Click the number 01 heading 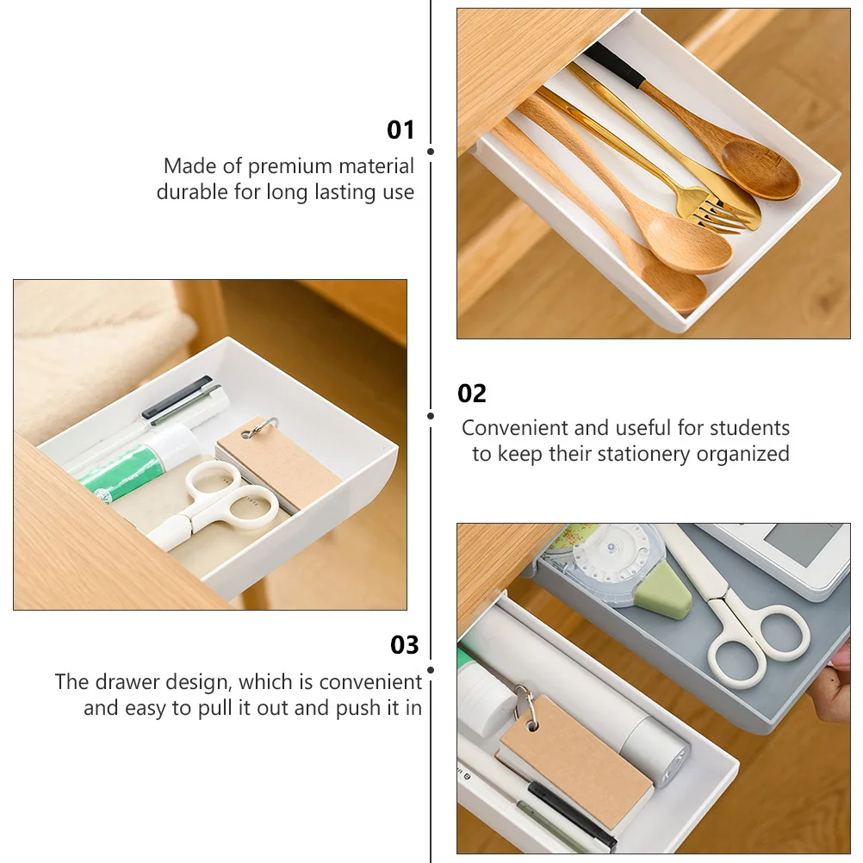(x=400, y=130)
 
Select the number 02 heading (x=472, y=394)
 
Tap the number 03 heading (x=404, y=645)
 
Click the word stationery (x=641, y=454)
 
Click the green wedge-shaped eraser (x=667, y=595)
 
